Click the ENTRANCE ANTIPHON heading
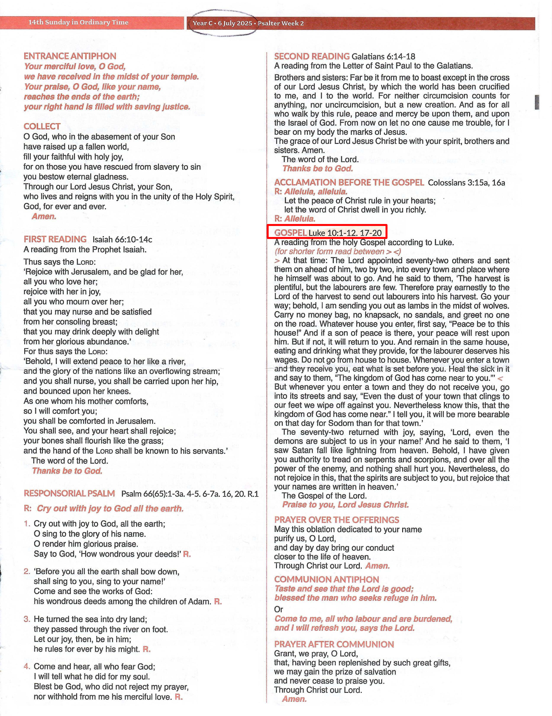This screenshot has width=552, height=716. (70, 56)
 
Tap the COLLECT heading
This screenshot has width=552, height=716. (42, 127)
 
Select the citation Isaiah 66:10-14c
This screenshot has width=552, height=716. (122, 240)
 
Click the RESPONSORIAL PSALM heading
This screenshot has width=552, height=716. (69, 493)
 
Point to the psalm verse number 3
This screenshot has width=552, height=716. (27, 619)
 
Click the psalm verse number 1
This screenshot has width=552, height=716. (27, 524)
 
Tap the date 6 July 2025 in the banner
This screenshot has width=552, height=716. (235, 23)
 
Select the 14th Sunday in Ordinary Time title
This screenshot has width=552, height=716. (78, 22)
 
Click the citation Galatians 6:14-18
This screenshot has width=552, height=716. (383, 56)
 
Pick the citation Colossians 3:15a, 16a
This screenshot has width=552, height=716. (466, 183)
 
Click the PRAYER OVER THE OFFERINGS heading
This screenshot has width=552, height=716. (336, 520)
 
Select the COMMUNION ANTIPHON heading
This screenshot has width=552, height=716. (326, 579)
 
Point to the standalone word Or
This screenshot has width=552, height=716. (278, 609)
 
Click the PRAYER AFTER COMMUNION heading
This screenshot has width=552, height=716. (334, 644)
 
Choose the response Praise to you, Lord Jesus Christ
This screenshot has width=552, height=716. (345, 505)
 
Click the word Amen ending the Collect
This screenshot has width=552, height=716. (44, 216)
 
